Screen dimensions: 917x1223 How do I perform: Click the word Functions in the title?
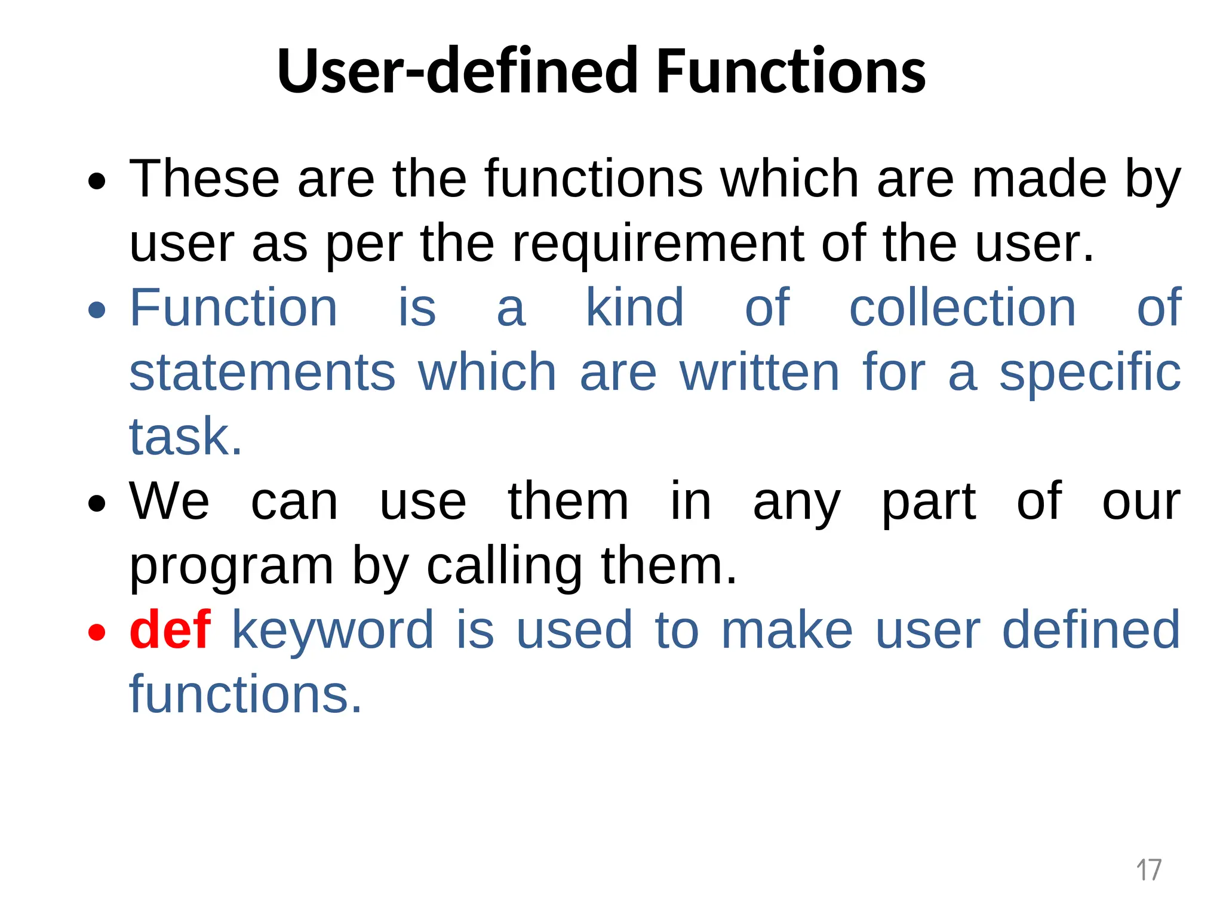click(x=791, y=72)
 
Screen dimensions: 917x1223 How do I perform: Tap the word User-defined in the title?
click(x=457, y=72)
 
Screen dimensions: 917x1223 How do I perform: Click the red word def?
click(x=170, y=630)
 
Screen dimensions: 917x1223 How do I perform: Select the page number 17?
click(x=1148, y=870)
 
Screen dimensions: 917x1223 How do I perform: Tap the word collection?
click(x=962, y=308)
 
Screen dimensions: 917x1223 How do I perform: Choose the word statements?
click(x=262, y=373)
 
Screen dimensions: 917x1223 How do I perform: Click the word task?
click(x=185, y=437)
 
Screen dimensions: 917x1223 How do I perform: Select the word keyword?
click(x=333, y=630)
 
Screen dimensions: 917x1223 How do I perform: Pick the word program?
click(x=231, y=567)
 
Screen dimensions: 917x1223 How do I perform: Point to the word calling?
click(x=504, y=567)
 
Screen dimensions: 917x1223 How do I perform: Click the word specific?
click(x=1090, y=373)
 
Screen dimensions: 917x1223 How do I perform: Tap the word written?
click(x=760, y=373)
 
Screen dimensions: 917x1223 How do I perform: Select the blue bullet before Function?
click(x=97, y=310)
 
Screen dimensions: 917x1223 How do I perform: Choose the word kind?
click(x=634, y=308)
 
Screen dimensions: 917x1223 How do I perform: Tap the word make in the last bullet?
click(x=786, y=630)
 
